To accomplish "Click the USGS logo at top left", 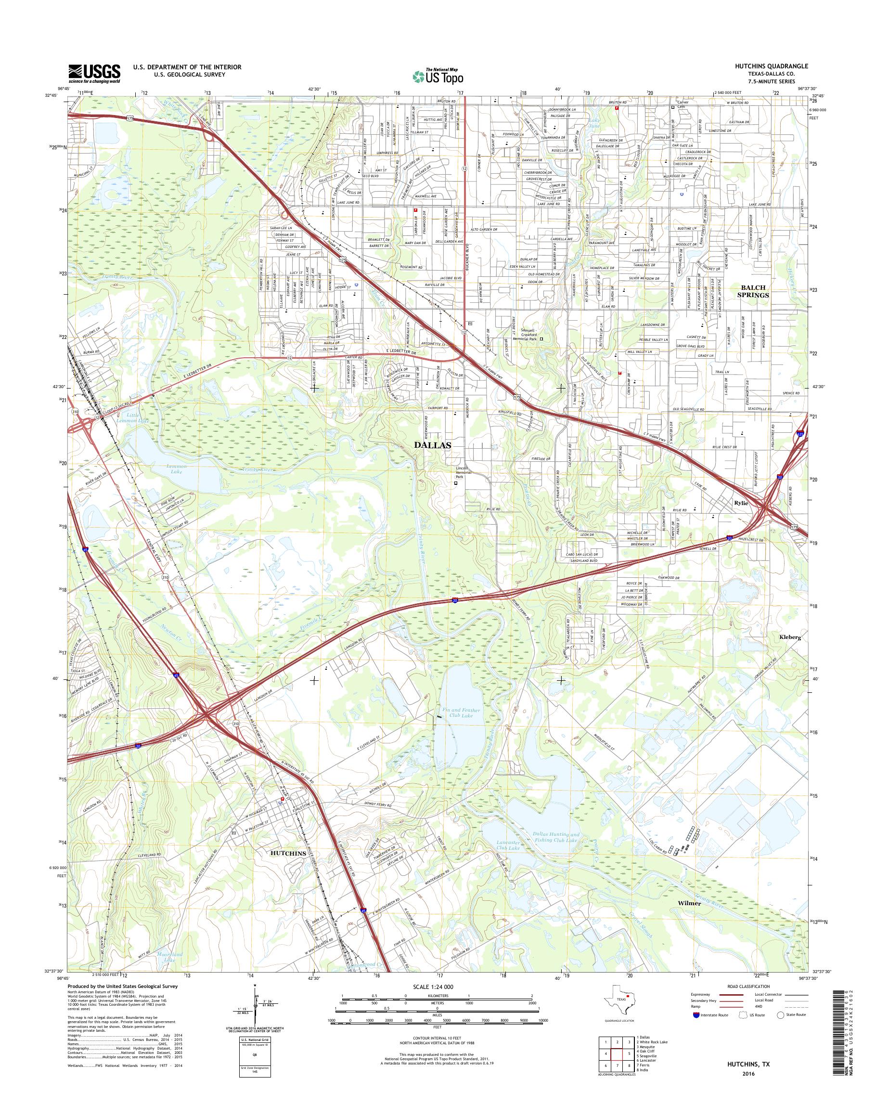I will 95,73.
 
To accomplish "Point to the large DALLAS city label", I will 433,445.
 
